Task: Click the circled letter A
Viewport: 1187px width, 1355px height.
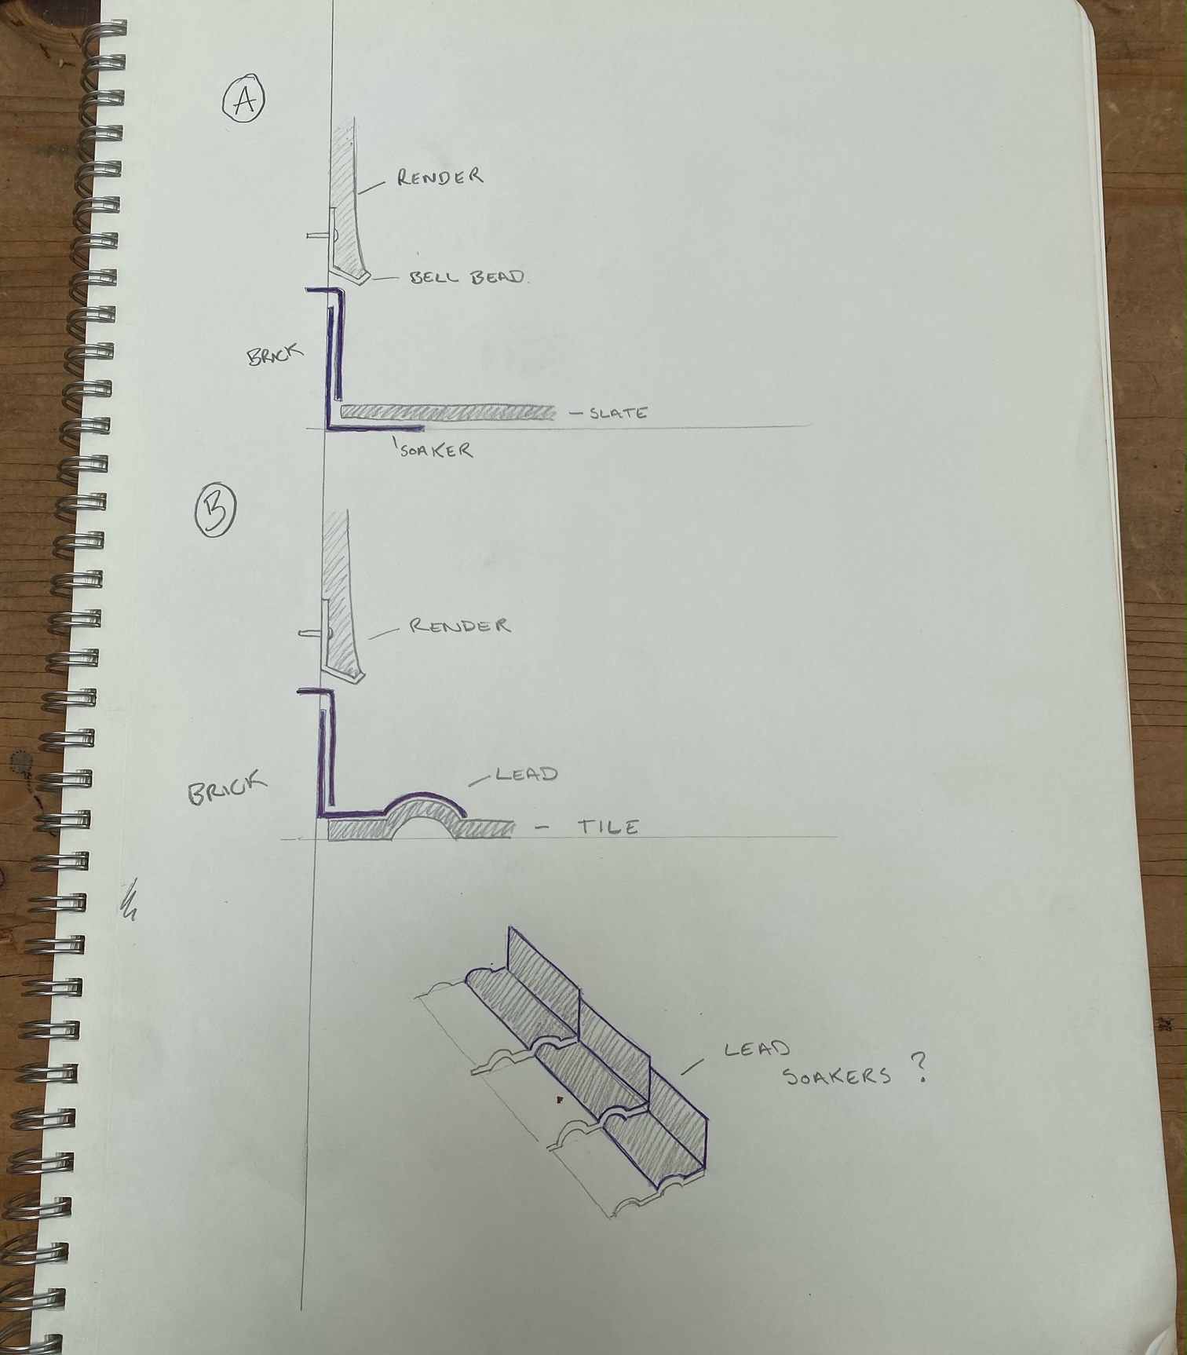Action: tap(243, 100)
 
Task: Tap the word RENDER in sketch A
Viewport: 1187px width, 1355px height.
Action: tap(440, 177)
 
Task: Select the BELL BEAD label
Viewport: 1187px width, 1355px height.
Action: tap(469, 276)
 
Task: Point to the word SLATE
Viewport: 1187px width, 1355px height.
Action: tap(618, 412)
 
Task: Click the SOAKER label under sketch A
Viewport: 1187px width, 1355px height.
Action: tap(436, 451)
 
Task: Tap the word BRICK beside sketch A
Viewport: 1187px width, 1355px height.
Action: tap(275, 355)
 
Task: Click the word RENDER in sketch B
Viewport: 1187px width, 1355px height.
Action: tap(459, 626)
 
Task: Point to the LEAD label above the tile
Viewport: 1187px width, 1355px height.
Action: tap(526, 774)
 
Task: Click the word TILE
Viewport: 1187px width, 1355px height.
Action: tap(608, 827)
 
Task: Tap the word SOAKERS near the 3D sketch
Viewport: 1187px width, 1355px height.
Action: tap(838, 1075)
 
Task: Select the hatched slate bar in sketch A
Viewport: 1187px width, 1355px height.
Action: tap(447, 412)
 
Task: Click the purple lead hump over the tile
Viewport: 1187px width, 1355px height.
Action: tap(424, 798)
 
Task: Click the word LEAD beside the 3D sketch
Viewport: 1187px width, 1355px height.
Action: tap(756, 1049)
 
